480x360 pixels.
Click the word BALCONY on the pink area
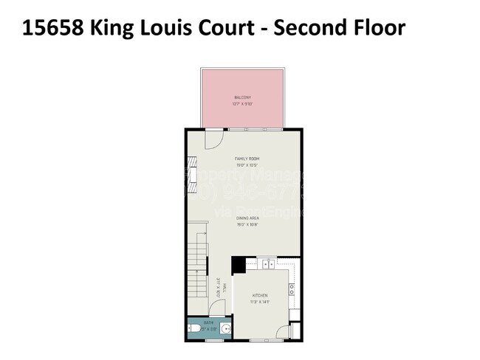point(243,98)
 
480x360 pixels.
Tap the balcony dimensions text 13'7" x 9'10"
point(243,104)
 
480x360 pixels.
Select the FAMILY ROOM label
point(247,159)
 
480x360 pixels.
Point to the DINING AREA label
point(246,218)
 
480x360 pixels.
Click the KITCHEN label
point(260,296)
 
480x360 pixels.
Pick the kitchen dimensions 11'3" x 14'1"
point(260,302)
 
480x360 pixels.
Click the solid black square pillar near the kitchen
point(239,264)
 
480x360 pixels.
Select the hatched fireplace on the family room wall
point(191,174)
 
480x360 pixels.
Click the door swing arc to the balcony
point(213,138)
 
